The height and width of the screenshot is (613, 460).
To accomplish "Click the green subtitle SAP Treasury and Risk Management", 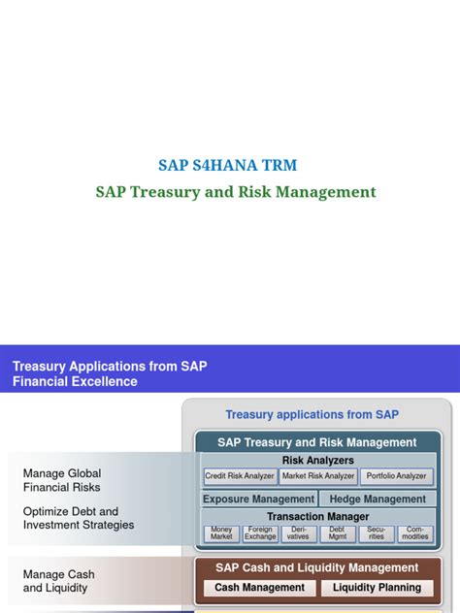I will pos(236,192).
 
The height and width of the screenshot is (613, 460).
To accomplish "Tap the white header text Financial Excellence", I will pos(75,381).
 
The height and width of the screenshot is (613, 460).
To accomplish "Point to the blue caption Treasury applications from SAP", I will pos(312,414).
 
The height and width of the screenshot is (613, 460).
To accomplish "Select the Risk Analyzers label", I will pos(317,460).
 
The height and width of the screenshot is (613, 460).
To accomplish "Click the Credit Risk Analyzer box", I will pos(240,476).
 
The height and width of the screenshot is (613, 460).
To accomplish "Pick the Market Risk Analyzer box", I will pos(317,476).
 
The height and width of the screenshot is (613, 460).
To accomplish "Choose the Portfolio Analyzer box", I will pos(396,476).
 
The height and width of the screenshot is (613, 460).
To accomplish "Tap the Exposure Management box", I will pos(258,500).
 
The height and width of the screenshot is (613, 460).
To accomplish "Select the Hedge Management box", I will pos(378,500).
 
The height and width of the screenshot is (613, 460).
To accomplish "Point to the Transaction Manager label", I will pos(317,517).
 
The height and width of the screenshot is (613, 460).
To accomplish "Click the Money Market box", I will pos(221,533).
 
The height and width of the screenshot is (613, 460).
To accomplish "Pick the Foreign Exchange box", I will pos(260,533).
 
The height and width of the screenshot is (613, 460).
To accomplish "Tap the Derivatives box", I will pos(299,533).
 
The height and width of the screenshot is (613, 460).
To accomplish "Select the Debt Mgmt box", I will pos(338,533).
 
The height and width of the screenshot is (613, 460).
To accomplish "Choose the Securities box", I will pos(377,533).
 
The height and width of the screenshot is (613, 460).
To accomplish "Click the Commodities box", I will pos(415,533).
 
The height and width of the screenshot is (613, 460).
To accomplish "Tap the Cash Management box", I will pos(259,588).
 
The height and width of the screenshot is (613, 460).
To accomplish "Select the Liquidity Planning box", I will pos(377,588).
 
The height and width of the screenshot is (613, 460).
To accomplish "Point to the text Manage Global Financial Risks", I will pos(62,481).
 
